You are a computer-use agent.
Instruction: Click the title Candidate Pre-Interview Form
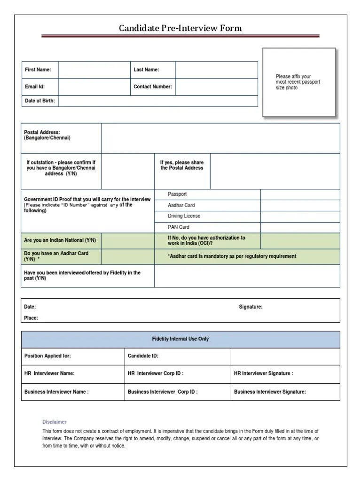click(180, 29)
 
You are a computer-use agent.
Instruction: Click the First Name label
click(38, 70)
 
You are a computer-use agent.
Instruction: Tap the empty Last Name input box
click(216, 70)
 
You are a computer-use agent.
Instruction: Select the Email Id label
click(35, 87)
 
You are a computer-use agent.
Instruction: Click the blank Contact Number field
click(216, 87)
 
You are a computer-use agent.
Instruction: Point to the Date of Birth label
click(39, 101)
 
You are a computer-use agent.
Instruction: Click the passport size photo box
click(299, 82)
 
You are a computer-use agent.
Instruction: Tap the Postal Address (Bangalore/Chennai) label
click(47, 135)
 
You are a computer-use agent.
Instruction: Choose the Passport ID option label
click(177, 194)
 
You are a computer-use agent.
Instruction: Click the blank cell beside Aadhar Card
click(300, 205)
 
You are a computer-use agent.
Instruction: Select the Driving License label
click(184, 216)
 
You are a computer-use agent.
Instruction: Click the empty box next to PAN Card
click(300, 227)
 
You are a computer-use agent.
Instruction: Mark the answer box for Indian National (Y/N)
click(127, 240)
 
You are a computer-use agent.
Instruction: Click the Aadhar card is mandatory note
click(232, 256)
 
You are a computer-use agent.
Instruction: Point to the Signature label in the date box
click(251, 307)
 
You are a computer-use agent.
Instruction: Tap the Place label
click(31, 318)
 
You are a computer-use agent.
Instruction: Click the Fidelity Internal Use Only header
click(180, 339)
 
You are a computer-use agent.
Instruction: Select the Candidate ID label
click(143, 356)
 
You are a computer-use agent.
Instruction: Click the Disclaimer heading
click(55, 422)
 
